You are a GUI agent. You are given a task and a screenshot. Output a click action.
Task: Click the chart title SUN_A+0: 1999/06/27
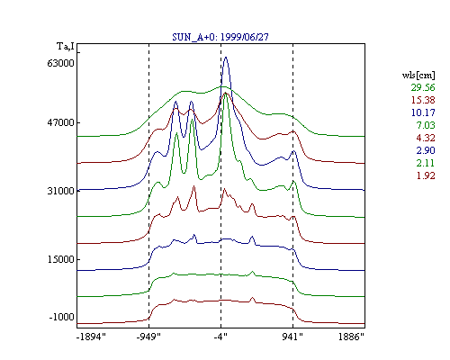click(220, 37)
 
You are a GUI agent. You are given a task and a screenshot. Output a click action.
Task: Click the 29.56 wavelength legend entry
click(423, 87)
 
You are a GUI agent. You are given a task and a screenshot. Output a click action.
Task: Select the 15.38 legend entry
click(423, 100)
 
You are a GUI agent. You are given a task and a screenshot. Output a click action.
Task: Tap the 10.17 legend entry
click(423, 112)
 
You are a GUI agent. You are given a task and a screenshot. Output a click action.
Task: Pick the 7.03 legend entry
click(426, 125)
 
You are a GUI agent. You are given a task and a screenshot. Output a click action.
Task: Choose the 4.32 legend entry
click(426, 138)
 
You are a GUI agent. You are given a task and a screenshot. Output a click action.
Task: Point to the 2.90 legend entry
click(426, 150)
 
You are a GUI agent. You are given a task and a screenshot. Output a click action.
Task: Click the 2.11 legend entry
click(426, 163)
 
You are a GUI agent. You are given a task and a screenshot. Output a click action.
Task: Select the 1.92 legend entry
click(426, 175)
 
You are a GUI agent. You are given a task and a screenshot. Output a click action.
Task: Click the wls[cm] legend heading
click(418, 75)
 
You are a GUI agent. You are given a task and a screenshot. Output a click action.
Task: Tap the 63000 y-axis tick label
click(60, 63)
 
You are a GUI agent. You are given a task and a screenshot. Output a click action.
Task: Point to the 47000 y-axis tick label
click(60, 122)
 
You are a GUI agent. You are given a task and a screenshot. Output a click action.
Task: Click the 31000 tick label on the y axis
click(60, 191)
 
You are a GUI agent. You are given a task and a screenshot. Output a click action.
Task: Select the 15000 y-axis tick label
click(60, 259)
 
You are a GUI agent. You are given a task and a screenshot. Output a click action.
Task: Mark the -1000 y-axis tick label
click(61, 317)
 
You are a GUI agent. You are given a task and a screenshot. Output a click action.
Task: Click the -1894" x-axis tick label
click(91, 337)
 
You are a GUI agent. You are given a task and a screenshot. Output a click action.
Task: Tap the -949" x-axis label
click(148, 337)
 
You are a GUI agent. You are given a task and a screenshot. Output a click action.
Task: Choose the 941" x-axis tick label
click(292, 337)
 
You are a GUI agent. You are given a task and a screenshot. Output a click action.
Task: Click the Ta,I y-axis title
click(66, 47)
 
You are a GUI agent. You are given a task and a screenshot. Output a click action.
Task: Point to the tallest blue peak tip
click(226, 57)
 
